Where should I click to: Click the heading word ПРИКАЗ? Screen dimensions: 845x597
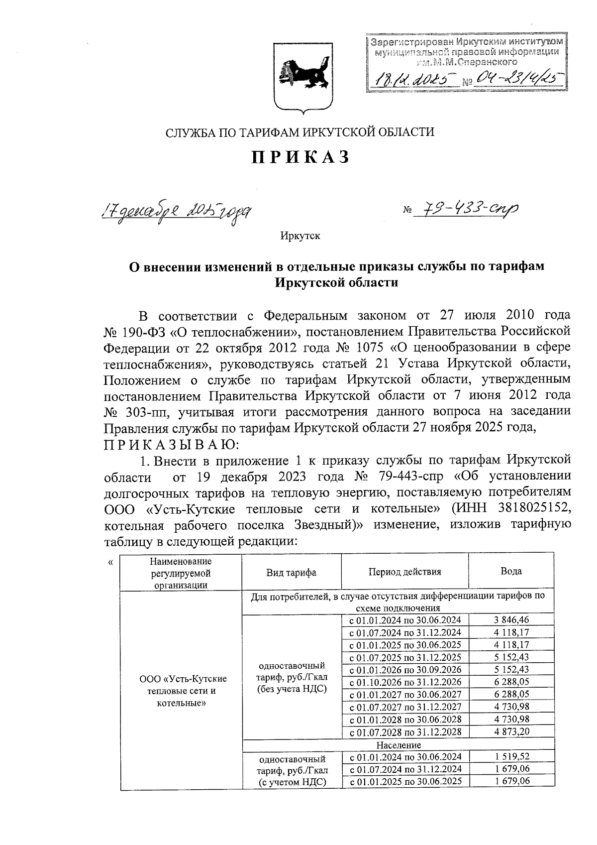click(300, 157)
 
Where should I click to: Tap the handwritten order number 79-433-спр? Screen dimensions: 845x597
click(469, 210)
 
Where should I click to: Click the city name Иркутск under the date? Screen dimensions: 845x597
click(300, 236)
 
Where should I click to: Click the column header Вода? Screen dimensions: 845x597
click(511, 571)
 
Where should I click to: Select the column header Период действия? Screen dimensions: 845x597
click(404, 572)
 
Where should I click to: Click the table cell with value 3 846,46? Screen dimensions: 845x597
click(511, 620)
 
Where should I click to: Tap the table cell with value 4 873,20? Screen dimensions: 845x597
click(511, 732)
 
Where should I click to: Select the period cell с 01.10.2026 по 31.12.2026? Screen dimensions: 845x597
click(405, 682)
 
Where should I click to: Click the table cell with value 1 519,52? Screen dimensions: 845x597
click(511, 757)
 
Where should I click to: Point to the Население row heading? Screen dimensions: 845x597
click(398, 745)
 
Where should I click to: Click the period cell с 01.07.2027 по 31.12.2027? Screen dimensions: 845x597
click(405, 707)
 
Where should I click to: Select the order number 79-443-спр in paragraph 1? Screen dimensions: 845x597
click(409, 477)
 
